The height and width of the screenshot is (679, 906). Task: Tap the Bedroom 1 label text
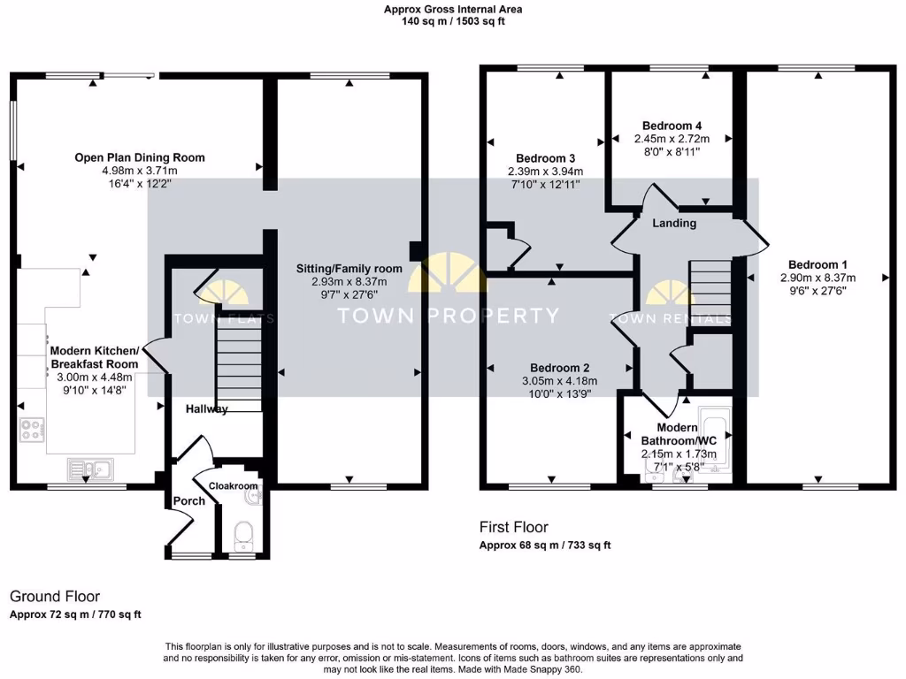(818, 264)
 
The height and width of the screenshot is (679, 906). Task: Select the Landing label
(674, 223)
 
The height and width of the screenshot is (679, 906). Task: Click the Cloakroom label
(233, 486)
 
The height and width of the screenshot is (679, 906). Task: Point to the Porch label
(188, 501)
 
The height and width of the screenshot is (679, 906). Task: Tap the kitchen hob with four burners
(32, 431)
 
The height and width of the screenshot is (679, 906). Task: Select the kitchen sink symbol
(87, 468)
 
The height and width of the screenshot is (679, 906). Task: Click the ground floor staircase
(238, 362)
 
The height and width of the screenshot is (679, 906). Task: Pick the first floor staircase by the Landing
(710, 294)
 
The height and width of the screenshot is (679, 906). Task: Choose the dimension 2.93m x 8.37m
(349, 283)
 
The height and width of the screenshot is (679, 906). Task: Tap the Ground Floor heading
(55, 597)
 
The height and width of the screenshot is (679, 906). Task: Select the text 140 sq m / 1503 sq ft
(452, 21)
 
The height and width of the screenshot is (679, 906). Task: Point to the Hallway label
(206, 409)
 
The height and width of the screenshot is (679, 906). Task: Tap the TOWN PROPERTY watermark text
(449, 316)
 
